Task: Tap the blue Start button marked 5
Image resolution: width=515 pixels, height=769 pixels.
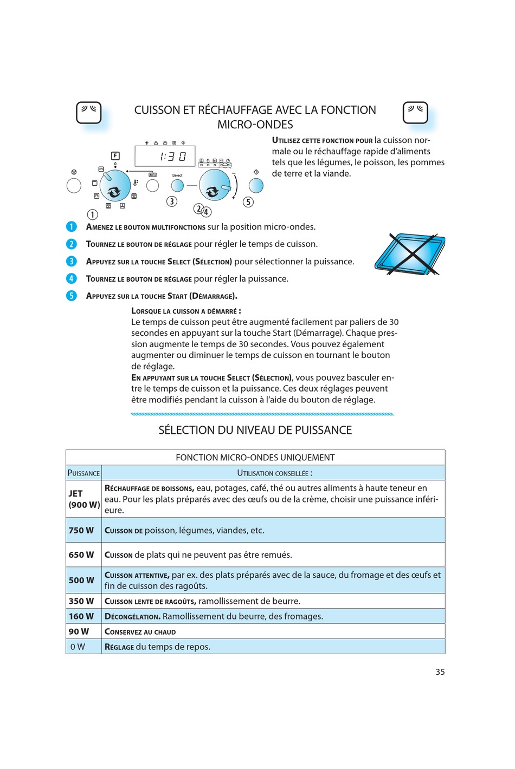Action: point(256,186)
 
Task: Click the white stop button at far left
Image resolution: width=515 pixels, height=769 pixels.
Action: point(74,186)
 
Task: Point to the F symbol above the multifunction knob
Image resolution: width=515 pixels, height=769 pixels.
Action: point(115,156)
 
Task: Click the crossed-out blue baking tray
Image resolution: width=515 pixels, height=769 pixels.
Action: point(410,254)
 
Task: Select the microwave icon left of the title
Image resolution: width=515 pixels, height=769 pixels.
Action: point(89,113)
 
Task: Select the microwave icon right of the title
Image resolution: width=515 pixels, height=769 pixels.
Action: point(415,113)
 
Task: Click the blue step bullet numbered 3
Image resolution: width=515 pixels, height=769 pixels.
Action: point(72,262)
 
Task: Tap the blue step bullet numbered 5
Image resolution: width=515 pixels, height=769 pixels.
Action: point(72,296)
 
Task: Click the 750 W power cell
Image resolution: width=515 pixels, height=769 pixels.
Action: point(81,531)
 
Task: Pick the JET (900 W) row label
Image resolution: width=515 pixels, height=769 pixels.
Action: point(83,499)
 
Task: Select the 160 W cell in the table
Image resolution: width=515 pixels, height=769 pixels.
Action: point(81,616)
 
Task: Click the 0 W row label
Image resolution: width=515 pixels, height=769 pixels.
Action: point(78,647)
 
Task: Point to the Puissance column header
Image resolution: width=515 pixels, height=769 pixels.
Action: point(83,473)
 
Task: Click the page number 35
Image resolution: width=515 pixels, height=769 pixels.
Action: point(440,672)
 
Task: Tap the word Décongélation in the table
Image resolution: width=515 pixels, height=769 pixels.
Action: point(132,617)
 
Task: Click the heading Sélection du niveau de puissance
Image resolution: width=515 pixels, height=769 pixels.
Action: point(255,431)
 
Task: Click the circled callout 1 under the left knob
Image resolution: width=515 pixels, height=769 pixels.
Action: point(93,214)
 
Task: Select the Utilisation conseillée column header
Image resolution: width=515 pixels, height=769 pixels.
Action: point(274,473)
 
